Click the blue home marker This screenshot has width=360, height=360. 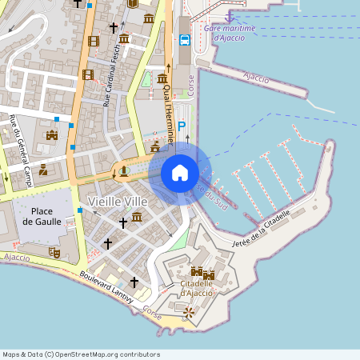180,172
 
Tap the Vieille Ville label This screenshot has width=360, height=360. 118,201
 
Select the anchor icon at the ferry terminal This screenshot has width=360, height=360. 230,15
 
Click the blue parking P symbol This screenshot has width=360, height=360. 182,126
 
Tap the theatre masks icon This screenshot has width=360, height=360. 55,251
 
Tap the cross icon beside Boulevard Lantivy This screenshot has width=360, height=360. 134,282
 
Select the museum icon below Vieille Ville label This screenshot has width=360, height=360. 137,218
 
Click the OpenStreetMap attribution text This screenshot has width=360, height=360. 81,354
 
